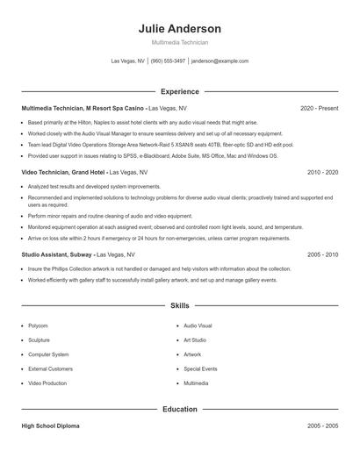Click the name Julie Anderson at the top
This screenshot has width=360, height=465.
click(x=180, y=28)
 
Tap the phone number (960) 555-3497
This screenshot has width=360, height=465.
click(x=168, y=61)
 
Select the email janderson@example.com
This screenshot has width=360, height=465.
click(x=220, y=61)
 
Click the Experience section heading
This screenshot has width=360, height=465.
click(x=180, y=91)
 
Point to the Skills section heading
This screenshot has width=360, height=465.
click(x=180, y=306)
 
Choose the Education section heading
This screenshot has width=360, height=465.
click(x=180, y=409)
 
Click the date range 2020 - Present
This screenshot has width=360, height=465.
click(x=319, y=108)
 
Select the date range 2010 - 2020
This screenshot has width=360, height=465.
click(x=322, y=173)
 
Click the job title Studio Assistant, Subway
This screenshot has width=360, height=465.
click(x=54, y=254)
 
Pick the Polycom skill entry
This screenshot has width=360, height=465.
click(x=38, y=325)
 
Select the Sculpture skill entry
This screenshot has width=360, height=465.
click(x=40, y=340)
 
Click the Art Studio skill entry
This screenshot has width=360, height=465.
click(x=195, y=340)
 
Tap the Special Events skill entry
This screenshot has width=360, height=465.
click(x=200, y=369)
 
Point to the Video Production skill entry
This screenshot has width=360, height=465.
click(x=47, y=383)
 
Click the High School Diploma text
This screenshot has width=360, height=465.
click(x=52, y=426)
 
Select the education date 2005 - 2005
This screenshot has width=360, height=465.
click(x=322, y=426)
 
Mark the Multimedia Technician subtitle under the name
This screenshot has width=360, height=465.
click(x=180, y=42)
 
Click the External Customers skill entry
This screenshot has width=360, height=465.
click(x=50, y=369)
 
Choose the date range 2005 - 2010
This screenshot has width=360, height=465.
click(x=322, y=254)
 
